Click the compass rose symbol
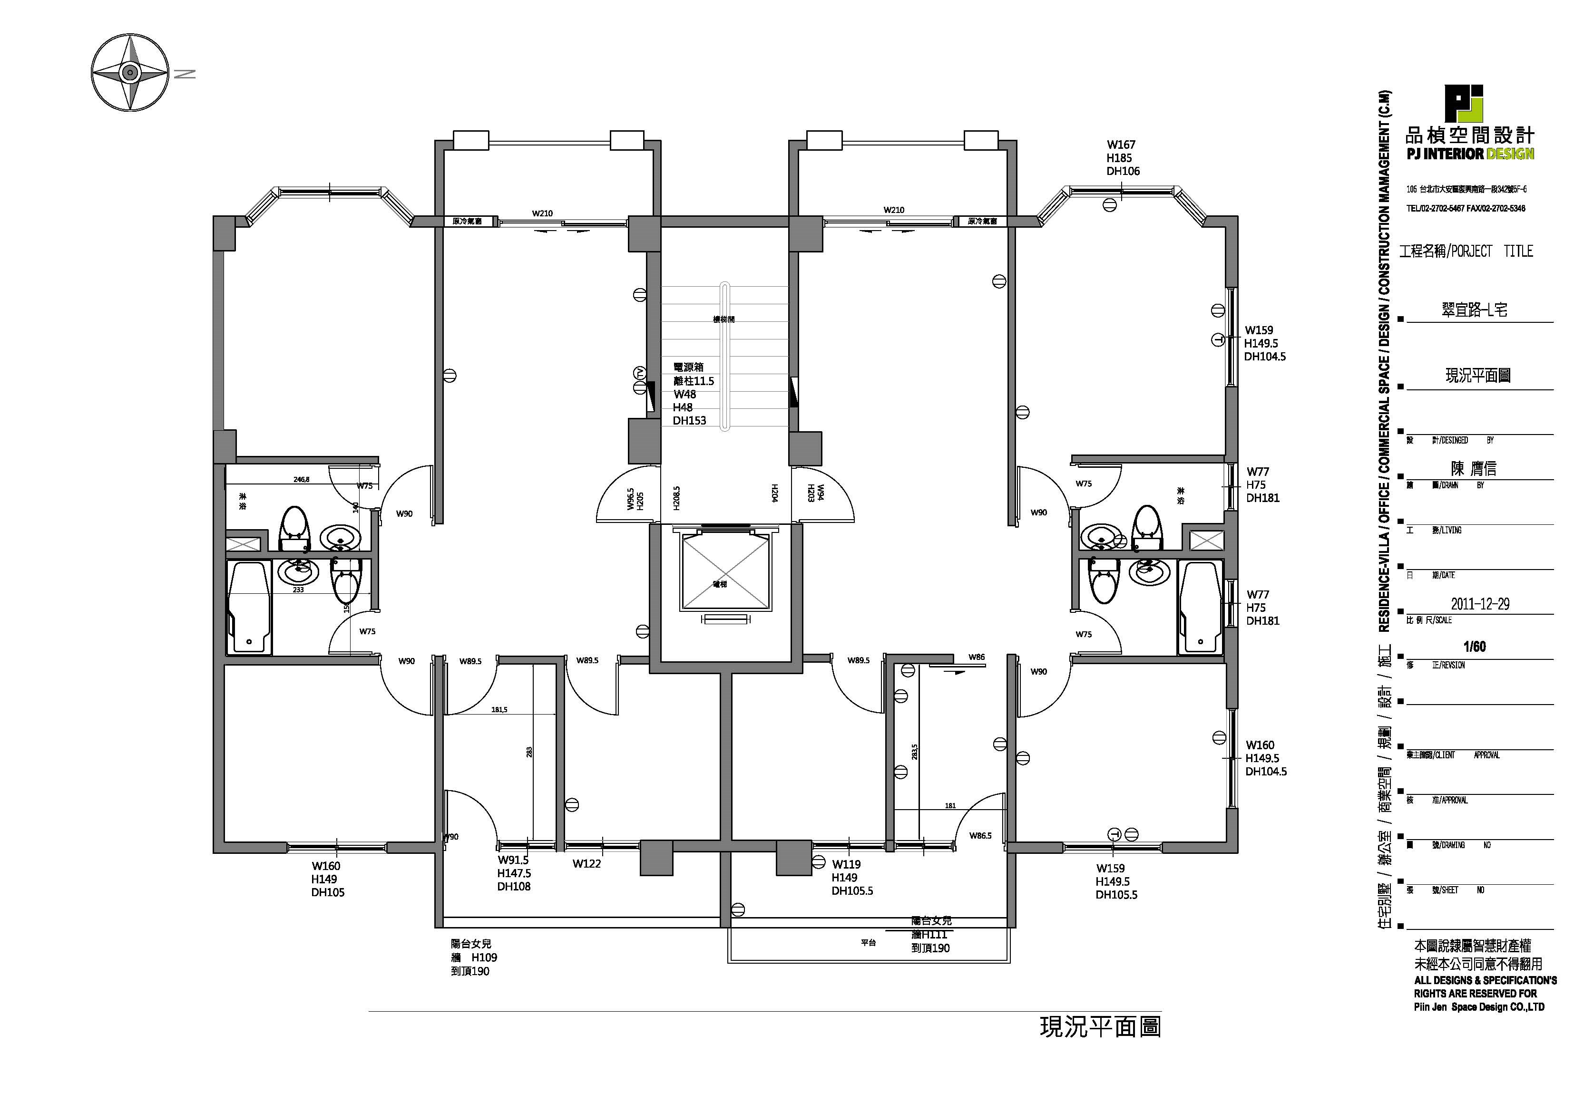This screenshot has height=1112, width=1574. [x=129, y=72]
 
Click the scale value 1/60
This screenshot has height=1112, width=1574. [x=1474, y=647]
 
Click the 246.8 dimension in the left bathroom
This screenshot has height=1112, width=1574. [x=302, y=480]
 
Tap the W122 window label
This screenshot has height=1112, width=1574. [x=587, y=864]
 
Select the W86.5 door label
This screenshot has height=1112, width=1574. [x=980, y=836]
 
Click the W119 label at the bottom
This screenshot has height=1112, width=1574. [x=847, y=865]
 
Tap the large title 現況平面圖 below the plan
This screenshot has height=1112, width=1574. [x=1100, y=1027]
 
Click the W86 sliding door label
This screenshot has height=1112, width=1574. [x=977, y=657]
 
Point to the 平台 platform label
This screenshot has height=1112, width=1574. [x=869, y=943]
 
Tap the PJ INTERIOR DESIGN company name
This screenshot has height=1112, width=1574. [x=1470, y=154]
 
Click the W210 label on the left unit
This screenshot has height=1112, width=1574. [x=542, y=213]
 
